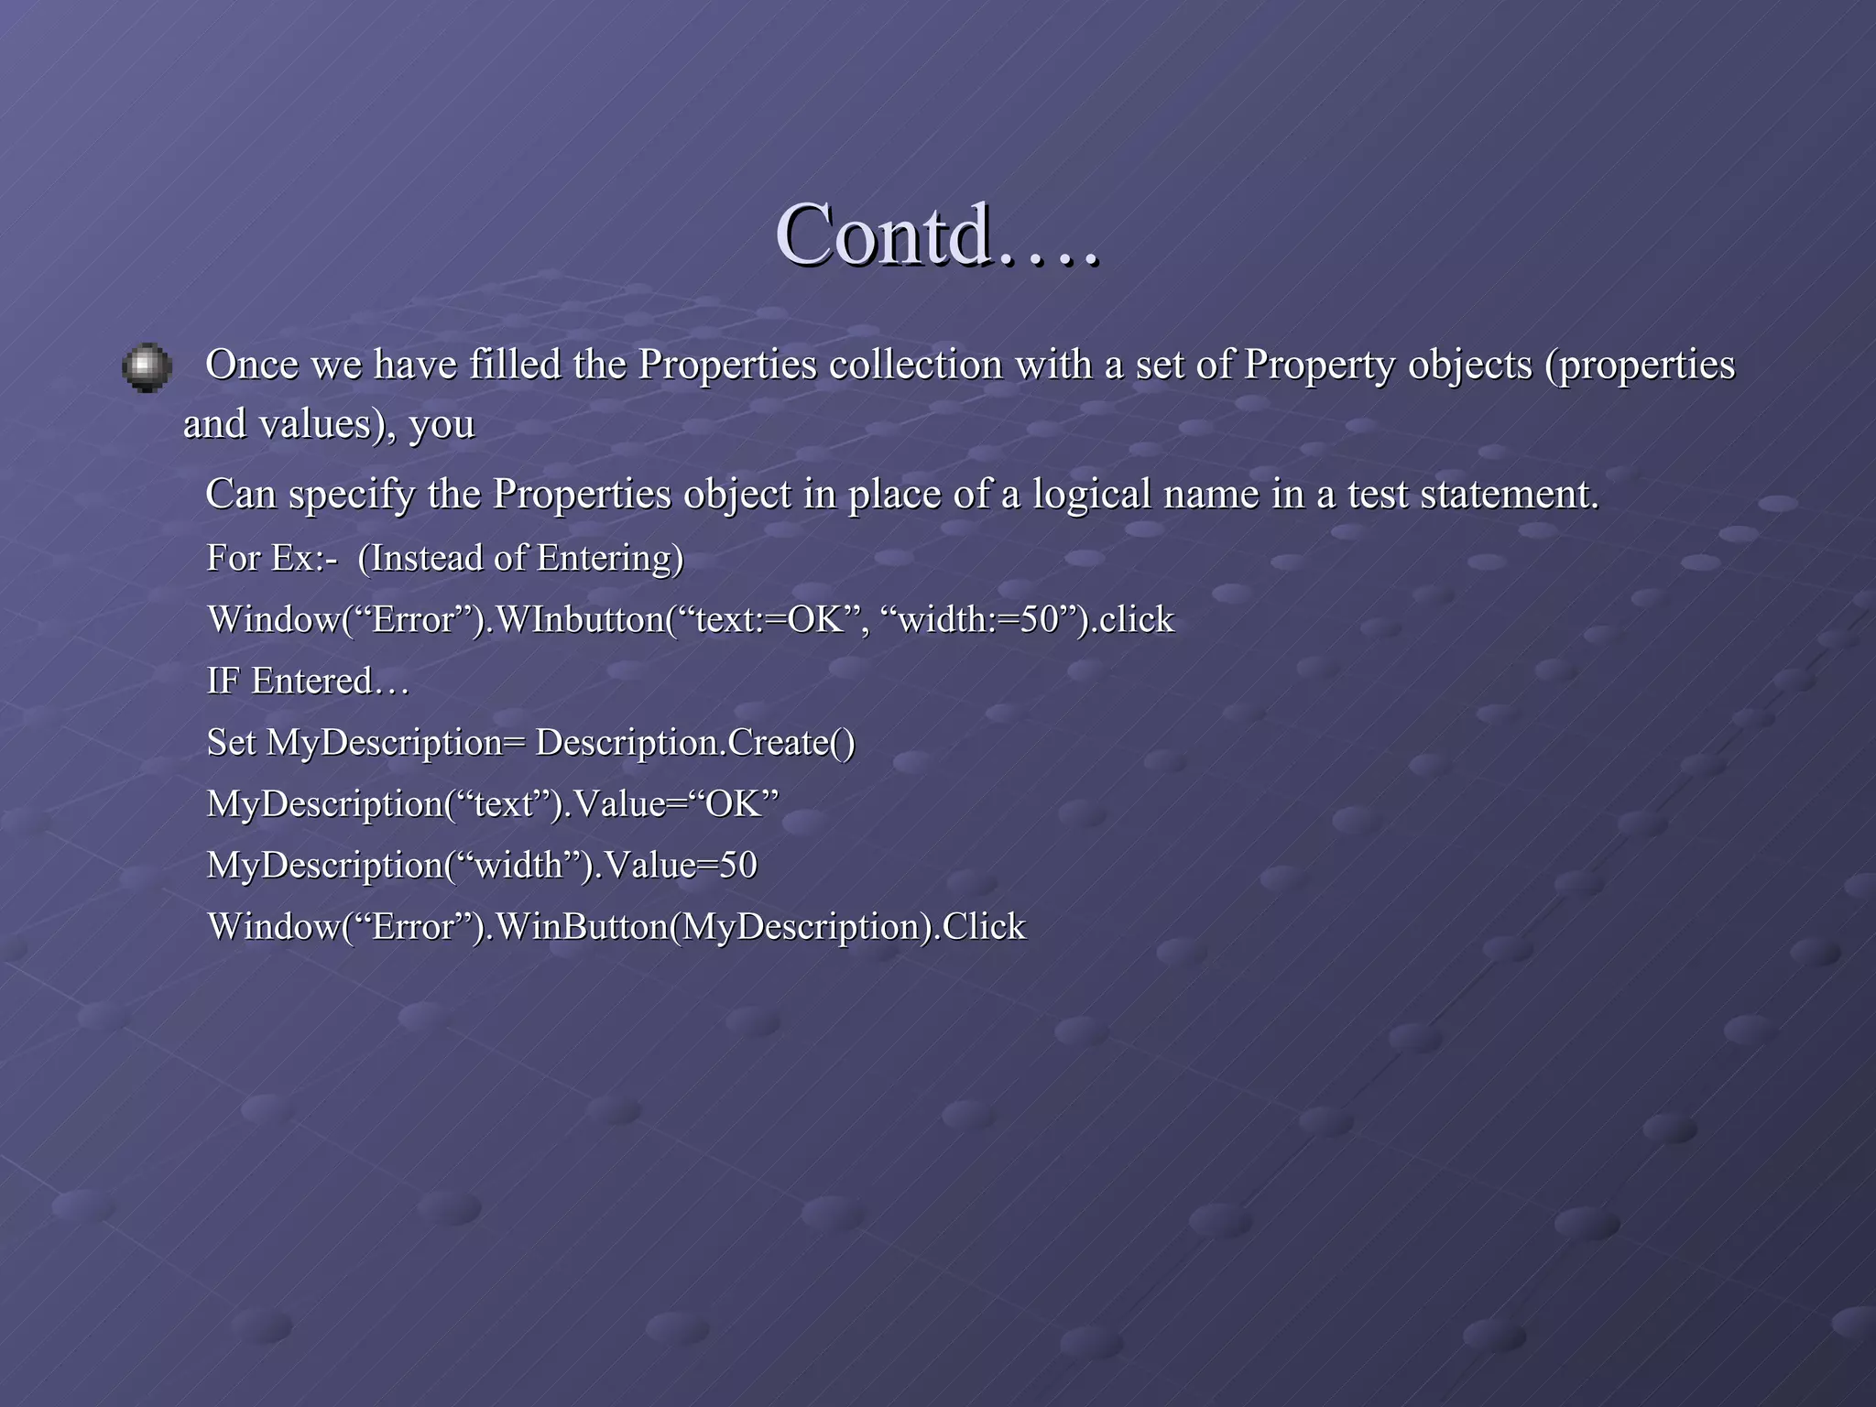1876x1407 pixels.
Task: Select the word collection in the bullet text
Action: [916, 365]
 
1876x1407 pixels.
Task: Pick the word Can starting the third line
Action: [240, 494]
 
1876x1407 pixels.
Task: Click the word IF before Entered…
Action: [224, 682]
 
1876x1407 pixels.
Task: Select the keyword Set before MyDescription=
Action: [231, 742]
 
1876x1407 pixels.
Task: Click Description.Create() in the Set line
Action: [694, 743]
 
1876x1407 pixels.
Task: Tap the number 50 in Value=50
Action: [737, 866]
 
